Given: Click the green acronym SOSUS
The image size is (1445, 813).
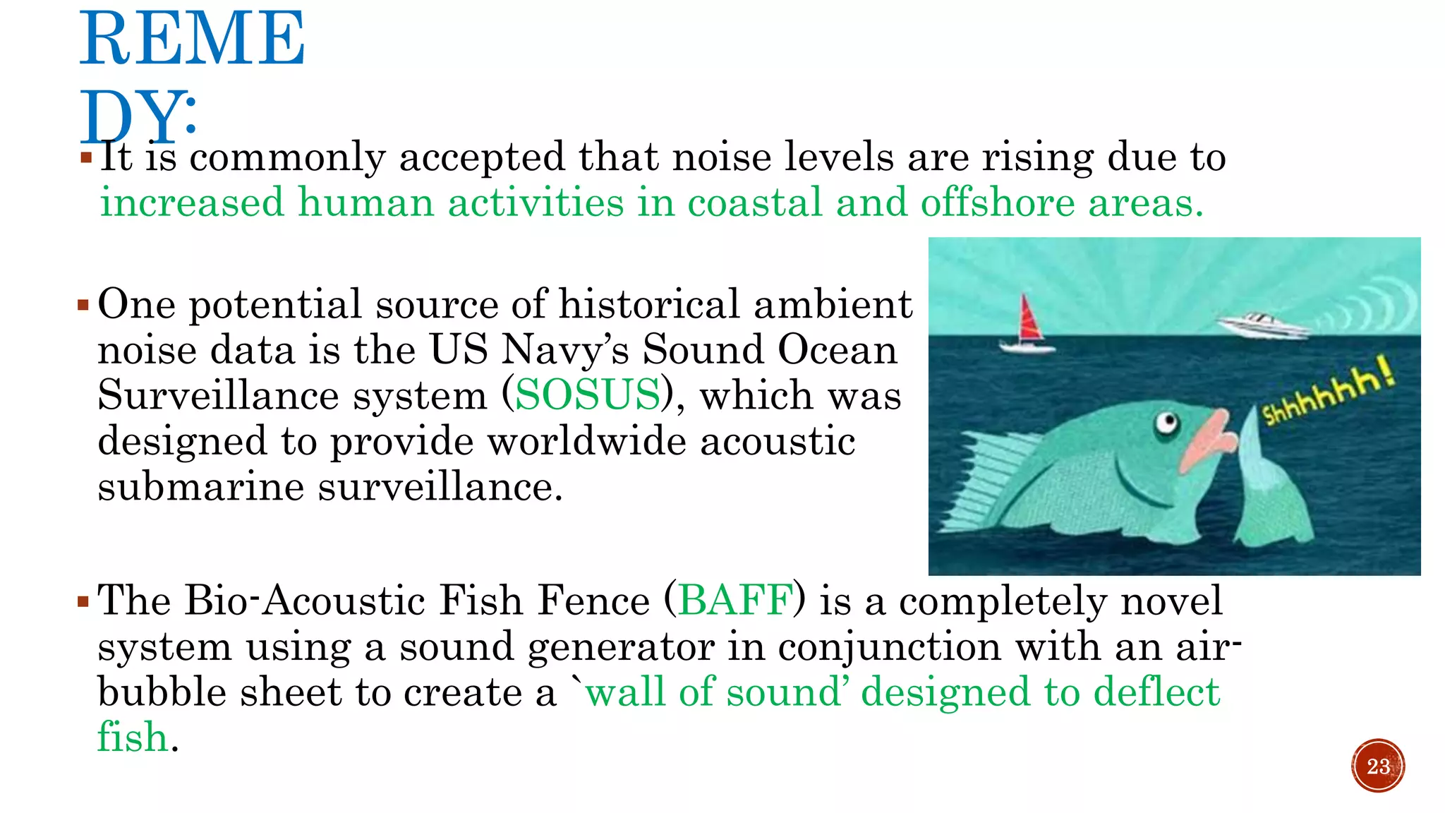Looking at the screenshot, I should click(587, 395).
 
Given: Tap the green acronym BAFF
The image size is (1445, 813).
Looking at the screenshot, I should click(734, 601).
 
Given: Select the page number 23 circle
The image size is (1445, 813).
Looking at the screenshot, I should click(1378, 766).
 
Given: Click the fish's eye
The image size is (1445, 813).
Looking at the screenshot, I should click(1167, 423).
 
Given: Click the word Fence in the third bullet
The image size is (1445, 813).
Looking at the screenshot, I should click(593, 601).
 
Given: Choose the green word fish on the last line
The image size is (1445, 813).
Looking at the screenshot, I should click(132, 737).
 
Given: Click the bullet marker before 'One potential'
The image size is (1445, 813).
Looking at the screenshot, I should click(83, 306).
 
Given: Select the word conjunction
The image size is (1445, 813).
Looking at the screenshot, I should click(890, 647).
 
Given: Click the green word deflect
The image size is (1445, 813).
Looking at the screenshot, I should click(1156, 692).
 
